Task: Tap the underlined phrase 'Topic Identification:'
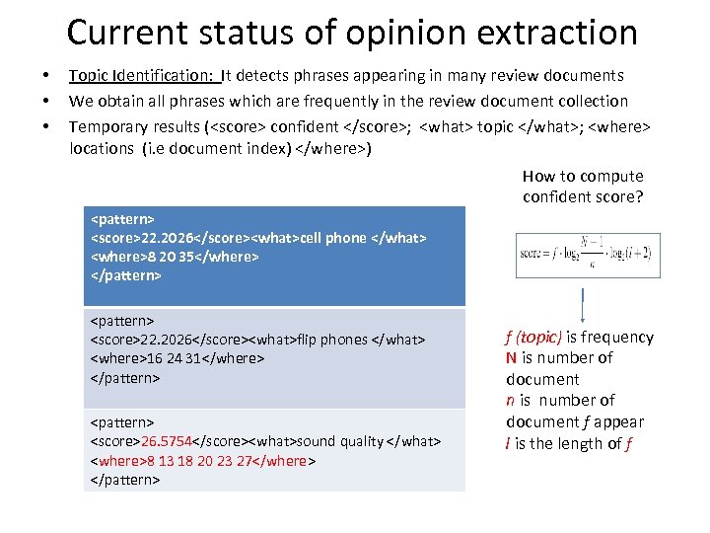143,75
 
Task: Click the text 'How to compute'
583,176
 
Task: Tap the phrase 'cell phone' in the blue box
330,238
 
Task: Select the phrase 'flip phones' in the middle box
331,340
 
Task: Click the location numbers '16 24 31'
178,359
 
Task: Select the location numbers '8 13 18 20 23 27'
196,461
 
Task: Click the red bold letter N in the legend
512,358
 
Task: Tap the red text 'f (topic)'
533,337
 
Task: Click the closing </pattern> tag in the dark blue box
125,275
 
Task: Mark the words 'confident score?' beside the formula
583,196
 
